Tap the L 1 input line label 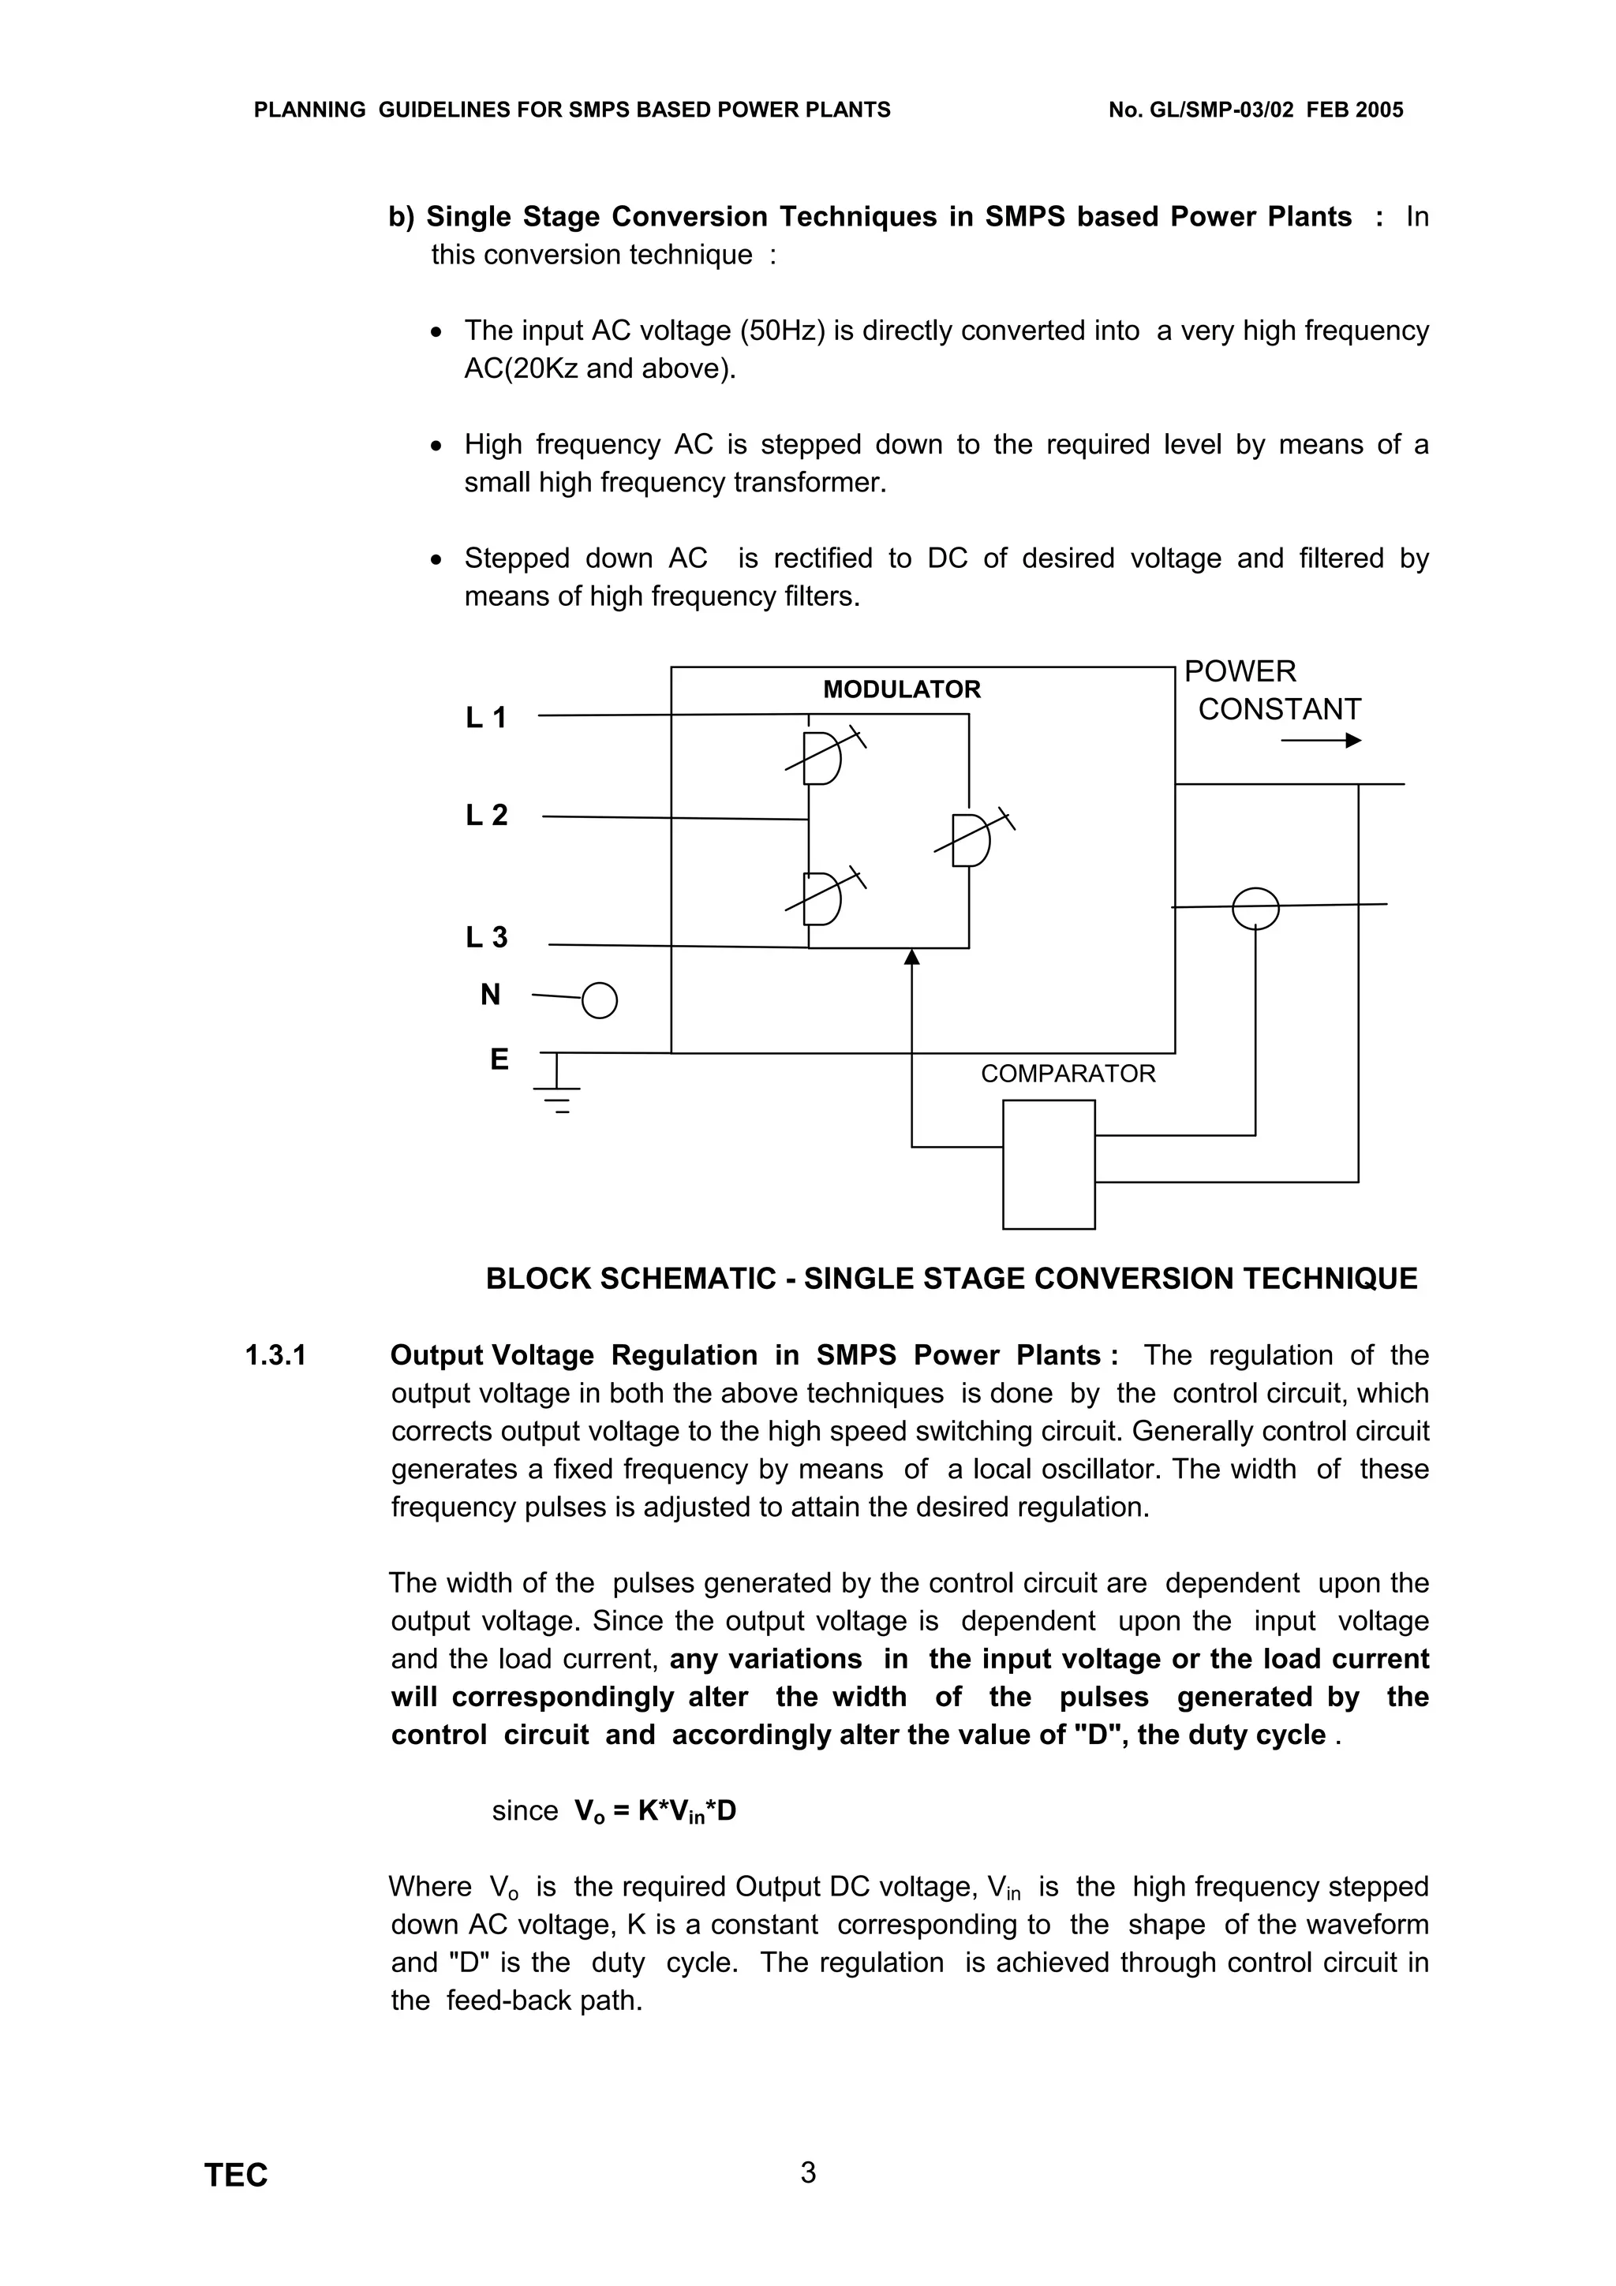coord(486,717)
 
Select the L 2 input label coord(486,816)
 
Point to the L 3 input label coord(486,937)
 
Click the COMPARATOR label coord(1068,1074)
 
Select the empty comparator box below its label coord(1049,1164)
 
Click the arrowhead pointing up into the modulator coord(911,957)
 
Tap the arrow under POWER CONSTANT coord(1320,741)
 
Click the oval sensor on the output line coord(1255,907)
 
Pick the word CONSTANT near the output coord(1278,710)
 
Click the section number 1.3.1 coord(276,1355)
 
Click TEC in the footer coord(236,2176)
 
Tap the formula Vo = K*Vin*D coord(654,1811)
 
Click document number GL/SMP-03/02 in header coord(1221,110)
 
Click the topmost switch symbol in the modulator coord(822,759)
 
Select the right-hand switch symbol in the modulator coord(971,840)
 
